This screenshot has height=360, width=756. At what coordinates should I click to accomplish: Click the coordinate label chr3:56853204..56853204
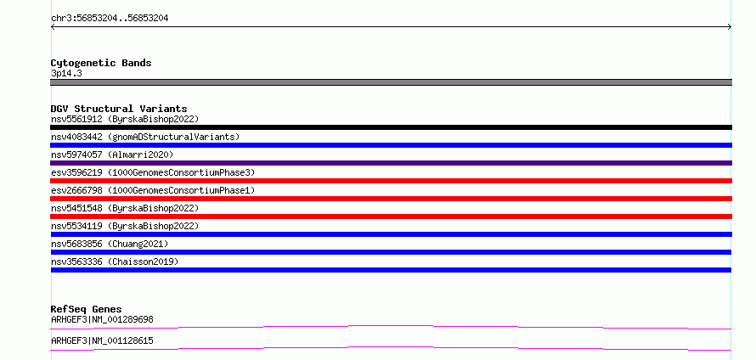(110, 19)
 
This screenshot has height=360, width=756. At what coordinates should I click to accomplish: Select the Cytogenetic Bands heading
(101, 63)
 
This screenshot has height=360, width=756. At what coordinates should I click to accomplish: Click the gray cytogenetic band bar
(391, 82)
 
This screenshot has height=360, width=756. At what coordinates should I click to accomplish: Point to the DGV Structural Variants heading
(119, 109)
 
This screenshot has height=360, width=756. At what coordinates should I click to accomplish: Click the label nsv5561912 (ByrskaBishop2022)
(125, 119)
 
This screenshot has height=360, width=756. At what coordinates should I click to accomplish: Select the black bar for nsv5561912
(391, 127)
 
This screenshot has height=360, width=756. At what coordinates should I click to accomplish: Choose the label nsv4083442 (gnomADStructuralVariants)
(145, 137)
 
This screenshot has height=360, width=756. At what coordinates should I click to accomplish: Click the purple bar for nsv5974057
(391, 163)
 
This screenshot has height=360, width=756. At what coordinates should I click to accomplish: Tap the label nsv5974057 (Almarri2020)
(112, 155)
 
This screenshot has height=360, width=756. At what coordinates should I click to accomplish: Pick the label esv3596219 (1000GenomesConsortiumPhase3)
(153, 172)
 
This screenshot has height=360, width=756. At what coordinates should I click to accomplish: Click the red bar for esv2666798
(391, 199)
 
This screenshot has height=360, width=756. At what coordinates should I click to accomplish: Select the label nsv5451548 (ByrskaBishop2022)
(125, 208)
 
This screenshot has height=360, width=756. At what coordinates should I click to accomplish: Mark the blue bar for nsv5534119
(391, 234)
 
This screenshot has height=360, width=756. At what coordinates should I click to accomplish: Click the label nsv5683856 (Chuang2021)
(110, 244)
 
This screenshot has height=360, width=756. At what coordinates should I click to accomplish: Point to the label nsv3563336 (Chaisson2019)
(115, 262)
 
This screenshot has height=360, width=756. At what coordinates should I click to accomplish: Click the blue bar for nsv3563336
(391, 270)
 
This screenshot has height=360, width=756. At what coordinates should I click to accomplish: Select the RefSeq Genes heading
(87, 309)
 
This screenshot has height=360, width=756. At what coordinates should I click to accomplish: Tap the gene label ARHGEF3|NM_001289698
(102, 319)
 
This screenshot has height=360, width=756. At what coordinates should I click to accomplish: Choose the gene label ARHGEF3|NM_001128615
(102, 341)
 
